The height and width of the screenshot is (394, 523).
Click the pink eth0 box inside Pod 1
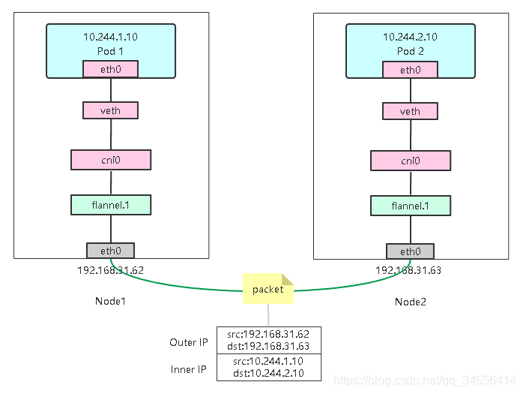(x=110, y=69)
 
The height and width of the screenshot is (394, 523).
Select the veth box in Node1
(x=110, y=110)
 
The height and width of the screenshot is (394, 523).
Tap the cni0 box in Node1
(x=111, y=160)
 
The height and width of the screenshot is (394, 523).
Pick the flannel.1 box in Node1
(x=111, y=205)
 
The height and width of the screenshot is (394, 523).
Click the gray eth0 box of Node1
(x=110, y=251)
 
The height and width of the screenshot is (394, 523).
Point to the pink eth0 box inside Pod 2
(x=410, y=70)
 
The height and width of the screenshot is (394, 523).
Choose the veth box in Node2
(x=410, y=111)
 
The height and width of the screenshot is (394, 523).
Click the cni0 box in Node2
(x=411, y=161)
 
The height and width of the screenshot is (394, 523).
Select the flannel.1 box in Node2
(x=411, y=206)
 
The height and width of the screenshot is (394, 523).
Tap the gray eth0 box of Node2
(x=410, y=251)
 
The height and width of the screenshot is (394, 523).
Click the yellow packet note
(x=267, y=289)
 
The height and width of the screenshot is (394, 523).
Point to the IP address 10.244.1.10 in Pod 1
(x=110, y=37)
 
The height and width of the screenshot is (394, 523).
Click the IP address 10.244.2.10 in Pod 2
(x=410, y=37)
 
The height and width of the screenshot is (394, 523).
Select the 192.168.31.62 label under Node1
(x=110, y=270)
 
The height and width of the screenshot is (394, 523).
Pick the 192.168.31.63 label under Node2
(x=408, y=270)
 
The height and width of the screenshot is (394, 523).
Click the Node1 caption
(x=110, y=301)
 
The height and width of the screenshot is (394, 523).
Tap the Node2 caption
(x=411, y=302)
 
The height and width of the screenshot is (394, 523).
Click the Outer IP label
(x=189, y=342)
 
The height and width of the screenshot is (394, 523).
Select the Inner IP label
(x=189, y=369)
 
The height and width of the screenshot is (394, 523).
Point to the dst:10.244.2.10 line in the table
(x=268, y=373)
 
